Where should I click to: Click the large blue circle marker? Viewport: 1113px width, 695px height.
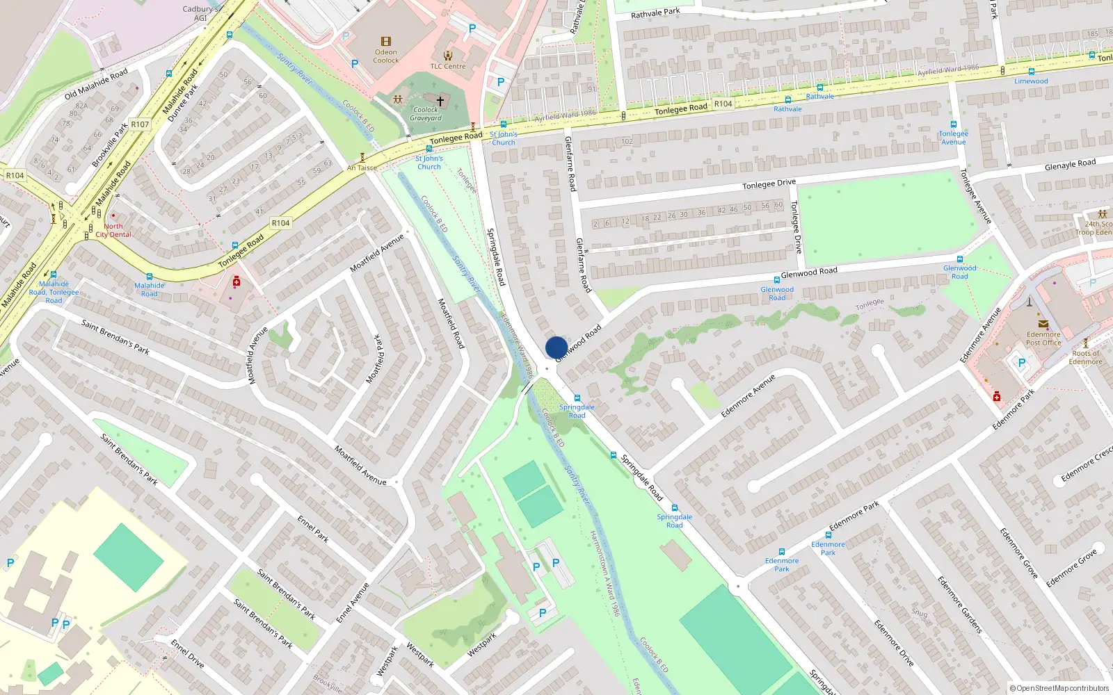point(556,347)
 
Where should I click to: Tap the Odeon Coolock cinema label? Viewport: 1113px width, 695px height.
point(385,56)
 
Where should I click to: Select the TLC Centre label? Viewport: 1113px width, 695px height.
point(448,67)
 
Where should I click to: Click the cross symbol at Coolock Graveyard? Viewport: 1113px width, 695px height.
point(440,101)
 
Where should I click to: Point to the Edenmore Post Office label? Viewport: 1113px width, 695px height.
point(1043,338)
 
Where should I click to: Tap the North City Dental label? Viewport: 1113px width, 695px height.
point(113,231)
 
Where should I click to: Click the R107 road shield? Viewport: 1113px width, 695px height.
point(140,124)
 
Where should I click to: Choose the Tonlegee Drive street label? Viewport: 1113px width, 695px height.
point(769,184)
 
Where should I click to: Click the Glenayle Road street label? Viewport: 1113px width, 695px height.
point(1070,165)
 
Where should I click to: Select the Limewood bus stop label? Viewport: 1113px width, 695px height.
point(1031,81)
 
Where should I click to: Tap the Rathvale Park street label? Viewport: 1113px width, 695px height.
point(655,13)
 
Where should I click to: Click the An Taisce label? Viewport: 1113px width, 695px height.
point(362,167)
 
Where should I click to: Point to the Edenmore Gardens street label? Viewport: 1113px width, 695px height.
point(959,604)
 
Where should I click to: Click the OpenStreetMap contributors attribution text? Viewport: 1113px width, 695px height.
point(1059,688)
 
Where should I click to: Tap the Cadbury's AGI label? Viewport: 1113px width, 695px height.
point(200,13)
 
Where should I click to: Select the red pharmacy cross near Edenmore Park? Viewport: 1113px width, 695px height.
point(997,396)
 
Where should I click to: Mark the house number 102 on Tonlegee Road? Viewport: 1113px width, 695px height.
point(627,141)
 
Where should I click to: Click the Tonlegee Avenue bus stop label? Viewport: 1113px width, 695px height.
point(953,138)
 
